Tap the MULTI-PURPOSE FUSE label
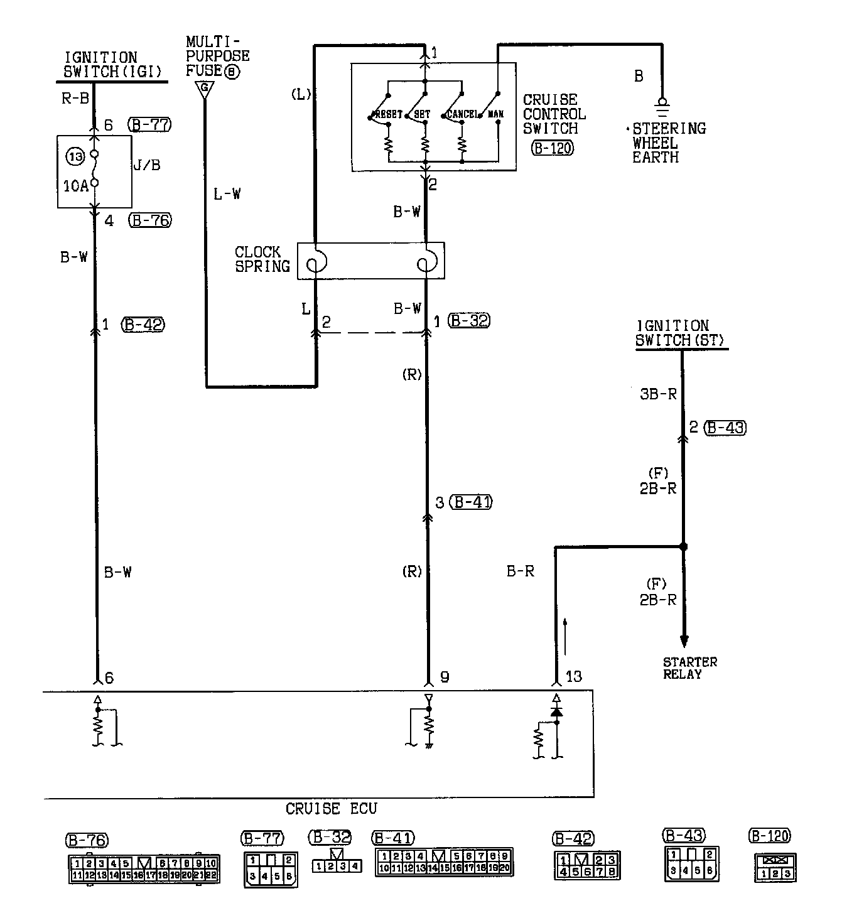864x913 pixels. pos(217,57)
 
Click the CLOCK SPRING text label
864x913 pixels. pos(262,259)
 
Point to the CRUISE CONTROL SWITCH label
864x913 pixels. pos(554,114)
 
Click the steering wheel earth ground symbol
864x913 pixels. pos(661,106)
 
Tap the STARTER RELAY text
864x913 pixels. pos(689,667)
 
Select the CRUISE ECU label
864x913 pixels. pos(331,808)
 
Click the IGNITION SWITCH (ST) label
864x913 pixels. pos(681,333)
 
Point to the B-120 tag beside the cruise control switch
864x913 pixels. pos(553,148)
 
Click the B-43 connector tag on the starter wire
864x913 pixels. pos(725,428)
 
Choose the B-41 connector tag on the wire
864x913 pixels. pos(472,502)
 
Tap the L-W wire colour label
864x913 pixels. pos(227,194)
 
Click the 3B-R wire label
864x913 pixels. pos(658,394)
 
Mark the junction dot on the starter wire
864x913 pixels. pos(684,546)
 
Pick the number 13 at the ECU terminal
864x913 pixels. pos(574,676)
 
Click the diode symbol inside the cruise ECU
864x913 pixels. pos(556,711)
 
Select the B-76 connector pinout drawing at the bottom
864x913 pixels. pos(144,869)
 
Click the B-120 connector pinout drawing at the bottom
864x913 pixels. pos(775,867)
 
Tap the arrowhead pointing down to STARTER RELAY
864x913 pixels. pos(684,641)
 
